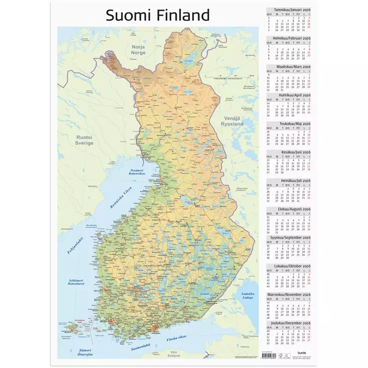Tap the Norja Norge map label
[x=138, y=49]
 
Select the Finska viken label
[x=178, y=339]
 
